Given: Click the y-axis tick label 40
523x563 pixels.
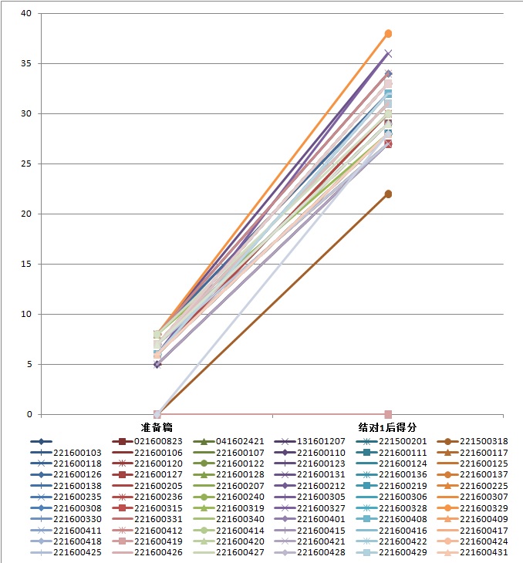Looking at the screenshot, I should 25,14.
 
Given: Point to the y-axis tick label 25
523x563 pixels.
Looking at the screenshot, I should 25,164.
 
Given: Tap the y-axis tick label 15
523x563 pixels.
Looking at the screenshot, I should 25,264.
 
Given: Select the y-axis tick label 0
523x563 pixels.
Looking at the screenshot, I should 29,414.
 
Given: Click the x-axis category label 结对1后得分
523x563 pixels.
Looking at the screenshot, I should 388,427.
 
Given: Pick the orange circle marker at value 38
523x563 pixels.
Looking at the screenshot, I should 389,34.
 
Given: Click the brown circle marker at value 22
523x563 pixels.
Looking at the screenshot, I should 389,194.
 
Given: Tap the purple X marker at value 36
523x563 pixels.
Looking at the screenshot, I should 389,54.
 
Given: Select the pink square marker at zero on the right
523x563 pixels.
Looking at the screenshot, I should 389,414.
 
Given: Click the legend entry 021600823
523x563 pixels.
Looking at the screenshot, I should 159,442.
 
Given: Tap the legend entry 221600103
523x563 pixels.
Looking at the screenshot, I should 77,453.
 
